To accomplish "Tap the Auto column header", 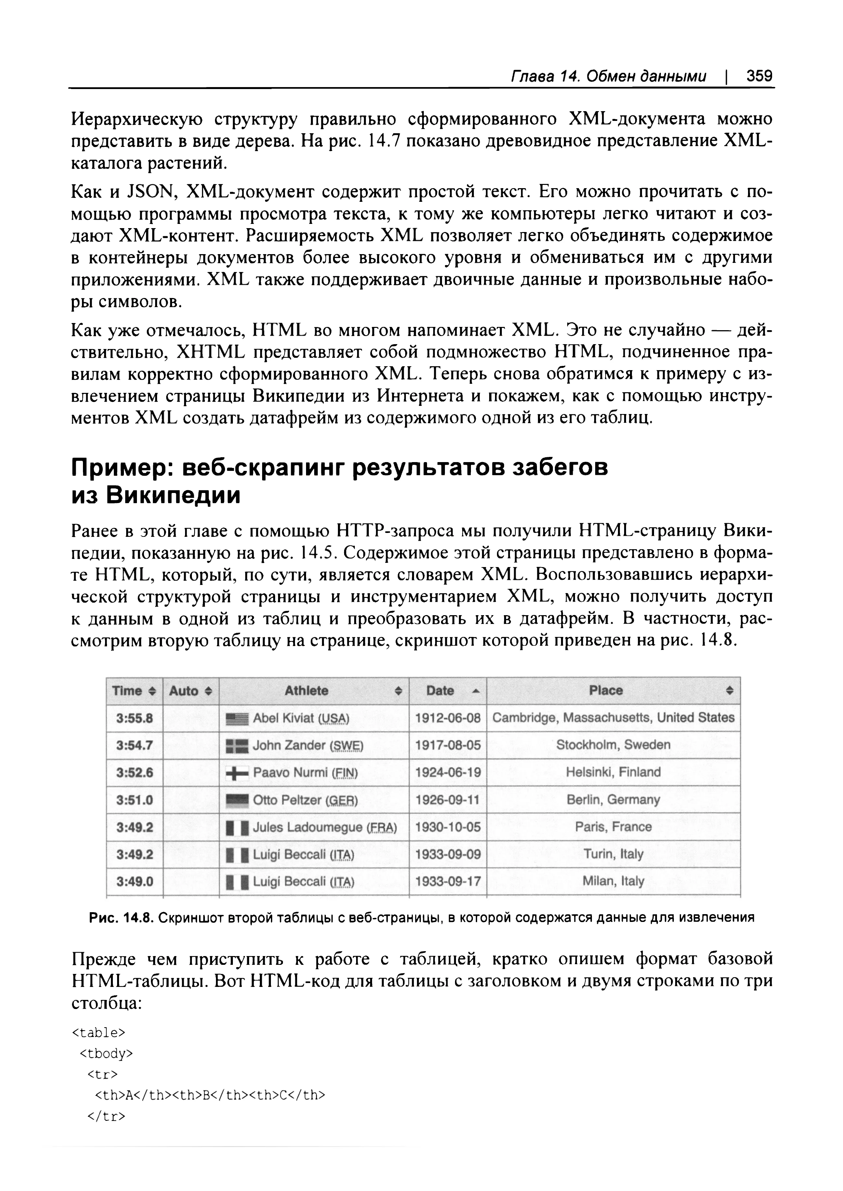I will click(191, 691).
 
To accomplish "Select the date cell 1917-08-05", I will click(448, 745).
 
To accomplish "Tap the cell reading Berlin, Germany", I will click(613, 799).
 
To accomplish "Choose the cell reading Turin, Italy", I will click(613, 854).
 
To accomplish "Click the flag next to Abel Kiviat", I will click(238, 719).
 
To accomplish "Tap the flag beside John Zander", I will click(238, 746).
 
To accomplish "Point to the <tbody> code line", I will click(107, 1054).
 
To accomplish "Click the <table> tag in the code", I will click(98, 1033).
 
